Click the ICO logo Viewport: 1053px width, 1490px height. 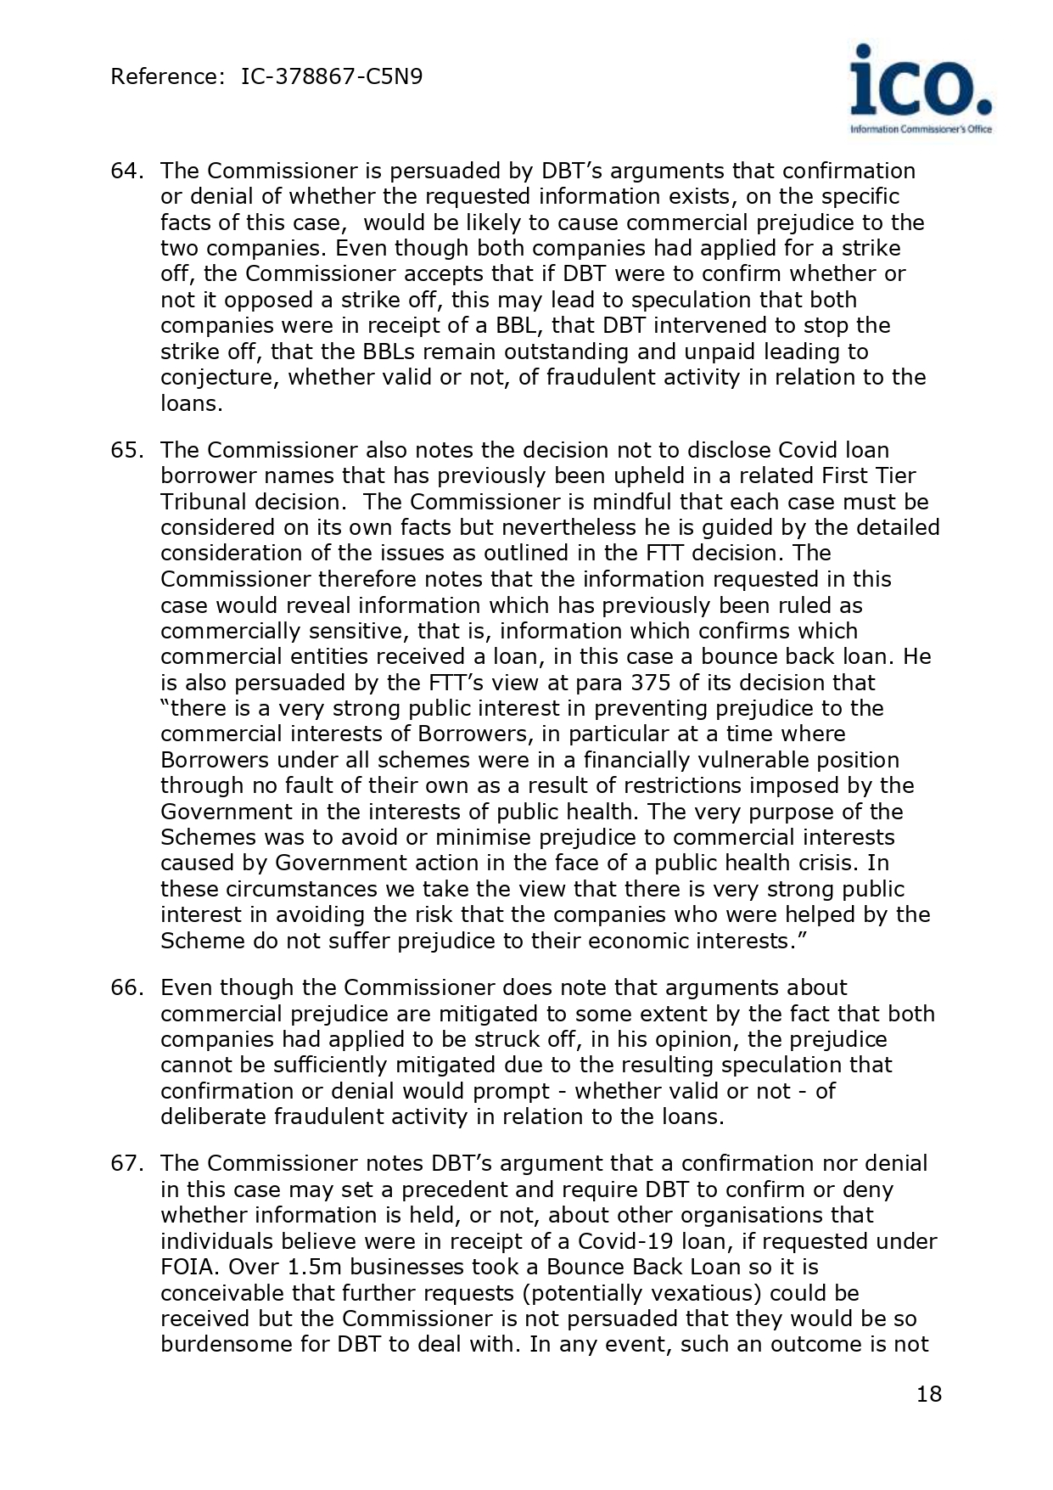pos(921,88)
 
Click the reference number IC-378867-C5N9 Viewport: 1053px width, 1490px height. pos(332,77)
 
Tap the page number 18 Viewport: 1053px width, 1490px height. pos(929,1394)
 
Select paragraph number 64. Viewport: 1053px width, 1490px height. pos(125,171)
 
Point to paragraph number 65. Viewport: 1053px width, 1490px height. pos(125,450)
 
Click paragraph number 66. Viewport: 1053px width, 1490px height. pos(125,987)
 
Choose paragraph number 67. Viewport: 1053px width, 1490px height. pos(125,1163)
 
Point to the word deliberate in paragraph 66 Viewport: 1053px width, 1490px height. pos(213,1116)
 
